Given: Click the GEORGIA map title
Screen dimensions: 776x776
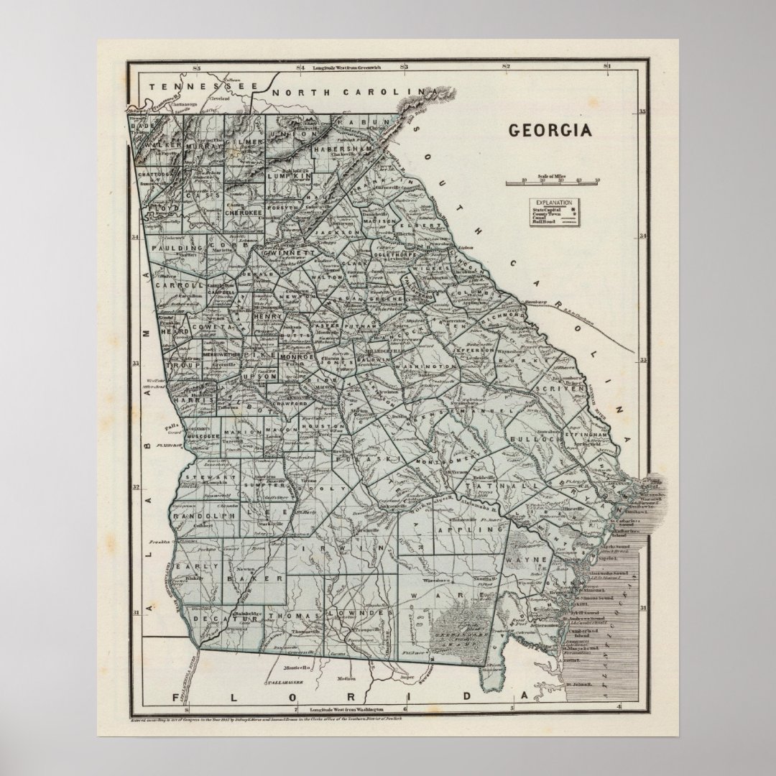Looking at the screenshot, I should pos(550,131).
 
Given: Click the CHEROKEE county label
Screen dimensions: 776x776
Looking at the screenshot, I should pos(246,213).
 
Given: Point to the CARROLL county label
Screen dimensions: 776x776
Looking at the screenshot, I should pos(177,285).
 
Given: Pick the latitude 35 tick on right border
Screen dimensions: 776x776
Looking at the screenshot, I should pos(643,111).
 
